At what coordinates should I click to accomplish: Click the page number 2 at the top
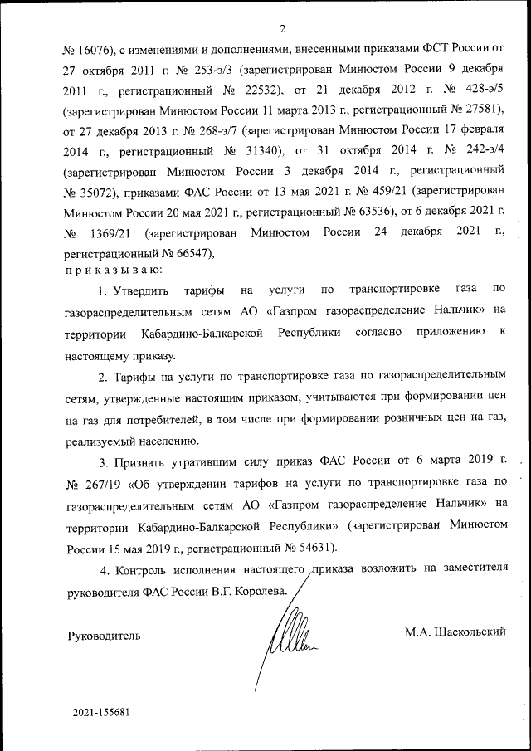pos(282,29)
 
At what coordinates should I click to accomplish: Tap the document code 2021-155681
pos(100,713)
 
